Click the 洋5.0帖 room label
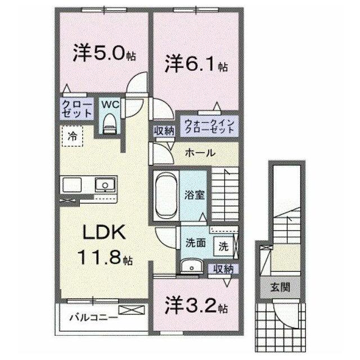tap(104, 53)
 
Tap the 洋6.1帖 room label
tap(196, 64)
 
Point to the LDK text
tap(104, 232)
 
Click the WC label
tap(110, 105)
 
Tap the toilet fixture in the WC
tap(110, 124)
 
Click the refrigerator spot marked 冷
tap(72, 136)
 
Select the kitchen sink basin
tap(105, 184)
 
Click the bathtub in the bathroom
tap(166, 196)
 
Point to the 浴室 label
tap(195, 195)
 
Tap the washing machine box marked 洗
tap(223, 246)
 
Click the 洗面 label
tap(196, 243)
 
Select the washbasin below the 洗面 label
tap(192, 267)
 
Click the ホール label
tap(200, 152)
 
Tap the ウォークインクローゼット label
tap(209, 126)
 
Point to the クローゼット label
tap(77, 109)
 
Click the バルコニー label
tap(94, 318)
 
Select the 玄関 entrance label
tap(280, 287)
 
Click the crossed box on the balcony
tap(132, 310)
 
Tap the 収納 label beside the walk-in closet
tap(164, 131)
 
